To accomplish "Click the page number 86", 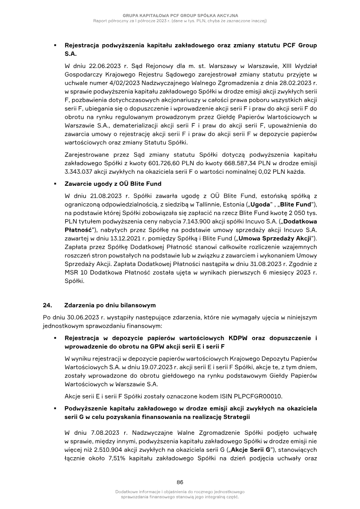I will coord(180,481).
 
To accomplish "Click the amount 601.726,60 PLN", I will coord(202,163).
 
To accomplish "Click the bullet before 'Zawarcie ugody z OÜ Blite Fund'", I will coord(54,184).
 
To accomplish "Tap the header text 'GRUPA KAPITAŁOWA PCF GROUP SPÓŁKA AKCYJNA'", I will coord(180,16).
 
